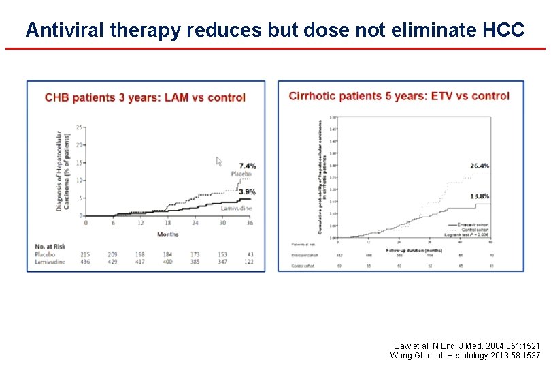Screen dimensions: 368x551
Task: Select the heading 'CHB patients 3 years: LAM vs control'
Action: pos(145,97)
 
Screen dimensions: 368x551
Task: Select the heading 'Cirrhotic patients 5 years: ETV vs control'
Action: pos(399,96)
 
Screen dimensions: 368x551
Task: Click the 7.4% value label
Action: pos(248,166)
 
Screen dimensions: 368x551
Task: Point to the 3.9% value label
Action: pos(248,192)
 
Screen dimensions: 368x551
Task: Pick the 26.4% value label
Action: pos(480,166)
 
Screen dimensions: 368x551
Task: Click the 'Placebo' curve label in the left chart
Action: pos(241,174)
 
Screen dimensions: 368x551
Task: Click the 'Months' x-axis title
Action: pos(167,233)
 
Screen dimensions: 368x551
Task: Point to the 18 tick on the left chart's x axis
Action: pos(167,223)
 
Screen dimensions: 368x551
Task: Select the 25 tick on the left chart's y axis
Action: pos(80,127)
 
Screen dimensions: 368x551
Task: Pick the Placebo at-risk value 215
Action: pos(86,254)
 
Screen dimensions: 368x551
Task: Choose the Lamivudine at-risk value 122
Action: pos(250,262)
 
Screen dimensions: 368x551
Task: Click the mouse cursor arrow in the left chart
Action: pos(219,162)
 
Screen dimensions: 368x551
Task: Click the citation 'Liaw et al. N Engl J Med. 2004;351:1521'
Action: pos(467,346)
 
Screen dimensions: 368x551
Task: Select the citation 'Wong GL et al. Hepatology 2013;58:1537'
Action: pos(465,356)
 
